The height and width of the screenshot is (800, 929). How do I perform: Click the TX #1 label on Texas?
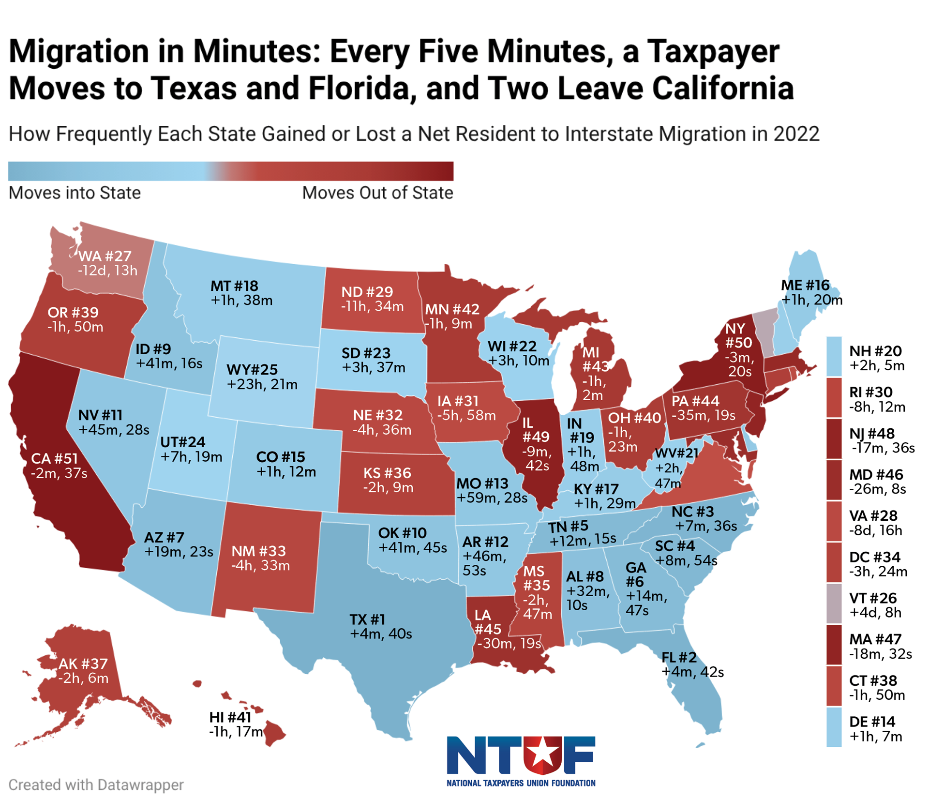click(x=367, y=619)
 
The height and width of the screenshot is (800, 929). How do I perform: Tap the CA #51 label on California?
click(x=54, y=458)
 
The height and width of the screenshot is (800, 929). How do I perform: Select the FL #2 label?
click(x=679, y=657)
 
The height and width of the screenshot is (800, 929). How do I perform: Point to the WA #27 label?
click(x=105, y=256)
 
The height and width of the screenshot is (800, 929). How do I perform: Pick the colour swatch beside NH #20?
click(x=834, y=357)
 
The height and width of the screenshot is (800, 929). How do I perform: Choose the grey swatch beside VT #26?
click(x=834, y=604)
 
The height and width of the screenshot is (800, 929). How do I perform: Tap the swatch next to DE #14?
click(x=834, y=727)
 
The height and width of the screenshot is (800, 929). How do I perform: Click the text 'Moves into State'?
click(x=75, y=193)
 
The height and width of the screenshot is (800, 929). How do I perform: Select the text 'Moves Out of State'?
click(x=377, y=193)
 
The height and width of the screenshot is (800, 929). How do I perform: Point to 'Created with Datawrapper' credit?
click(x=96, y=785)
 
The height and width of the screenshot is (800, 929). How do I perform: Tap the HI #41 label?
click(x=230, y=717)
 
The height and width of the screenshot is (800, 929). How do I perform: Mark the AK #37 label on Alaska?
click(x=83, y=664)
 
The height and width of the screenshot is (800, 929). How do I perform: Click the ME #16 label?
click(x=805, y=286)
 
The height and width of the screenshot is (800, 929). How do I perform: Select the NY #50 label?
click(x=738, y=336)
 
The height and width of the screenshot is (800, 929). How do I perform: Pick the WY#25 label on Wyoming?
click(x=252, y=370)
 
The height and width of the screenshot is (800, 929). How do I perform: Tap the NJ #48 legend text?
click(x=872, y=434)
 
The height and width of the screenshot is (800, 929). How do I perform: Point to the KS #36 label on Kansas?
click(x=387, y=473)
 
